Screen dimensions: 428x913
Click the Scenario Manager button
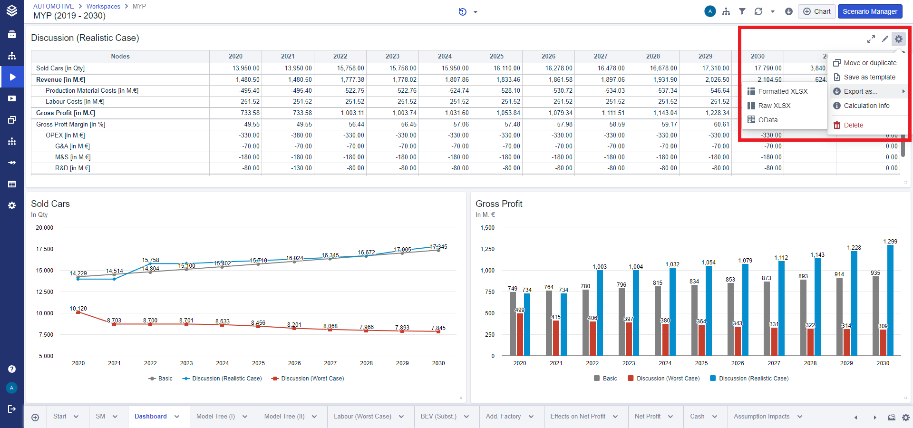870,11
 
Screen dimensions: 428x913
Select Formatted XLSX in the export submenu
782,91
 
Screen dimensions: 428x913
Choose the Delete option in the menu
853,125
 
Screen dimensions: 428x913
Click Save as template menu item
869,77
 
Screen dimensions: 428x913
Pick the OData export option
767,120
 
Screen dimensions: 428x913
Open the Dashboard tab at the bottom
150,416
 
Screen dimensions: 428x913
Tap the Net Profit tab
647,416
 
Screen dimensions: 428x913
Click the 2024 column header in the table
445,56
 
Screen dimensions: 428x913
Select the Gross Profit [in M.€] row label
66,113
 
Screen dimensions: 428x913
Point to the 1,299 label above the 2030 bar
890,242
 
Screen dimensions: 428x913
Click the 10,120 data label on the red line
78,309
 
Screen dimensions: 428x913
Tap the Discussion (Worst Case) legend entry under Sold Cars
312,379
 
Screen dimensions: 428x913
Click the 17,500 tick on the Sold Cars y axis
45,249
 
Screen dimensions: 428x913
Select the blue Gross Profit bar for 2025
709,310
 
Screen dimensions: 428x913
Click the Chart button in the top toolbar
816,11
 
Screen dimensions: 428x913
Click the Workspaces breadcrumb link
103,6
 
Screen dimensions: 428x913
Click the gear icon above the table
898,39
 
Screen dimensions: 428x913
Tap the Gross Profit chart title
499,204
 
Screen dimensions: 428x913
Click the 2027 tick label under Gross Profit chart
774,363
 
